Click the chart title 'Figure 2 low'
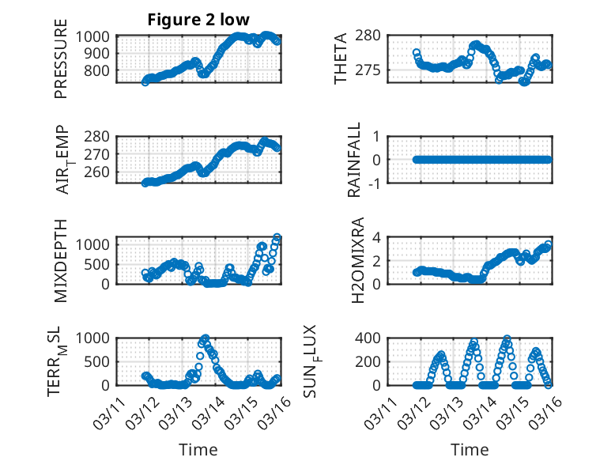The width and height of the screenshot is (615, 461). pos(198,21)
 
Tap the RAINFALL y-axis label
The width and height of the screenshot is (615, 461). pos(355,160)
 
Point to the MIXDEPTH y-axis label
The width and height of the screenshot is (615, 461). pos(61,260)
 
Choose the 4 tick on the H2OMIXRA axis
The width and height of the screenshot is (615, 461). pos(377,237)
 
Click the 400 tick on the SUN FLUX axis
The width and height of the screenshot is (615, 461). pos(372,338)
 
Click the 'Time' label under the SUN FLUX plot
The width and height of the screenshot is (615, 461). pos(470,450)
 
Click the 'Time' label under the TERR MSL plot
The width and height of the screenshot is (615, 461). pos(198,450)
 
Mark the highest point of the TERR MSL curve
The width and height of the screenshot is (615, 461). pos(206,338)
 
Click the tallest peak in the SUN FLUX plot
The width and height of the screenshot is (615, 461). pos(507,338)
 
